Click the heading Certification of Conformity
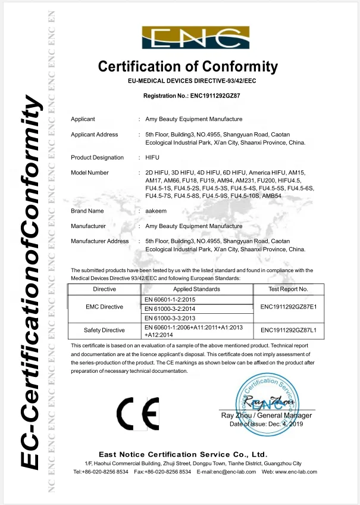[x=187, y=66]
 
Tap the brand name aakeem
[x=155, y=211]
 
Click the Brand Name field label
[x=87, y=211]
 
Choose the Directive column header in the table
[x=105, y=289]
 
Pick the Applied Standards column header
[x=196, y=289]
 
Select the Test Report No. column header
[x=289, y=289]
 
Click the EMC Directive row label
[x=105, y=307]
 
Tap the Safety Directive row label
[x=105, y=330]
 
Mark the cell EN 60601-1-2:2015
[x=170, y=298]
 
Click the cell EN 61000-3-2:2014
[x=170, y=308]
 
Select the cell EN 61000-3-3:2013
[x=170, y=319]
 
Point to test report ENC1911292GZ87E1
[x=289, y=307]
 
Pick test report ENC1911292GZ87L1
[x=289, y=330]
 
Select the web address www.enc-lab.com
[x=297, y=472]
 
